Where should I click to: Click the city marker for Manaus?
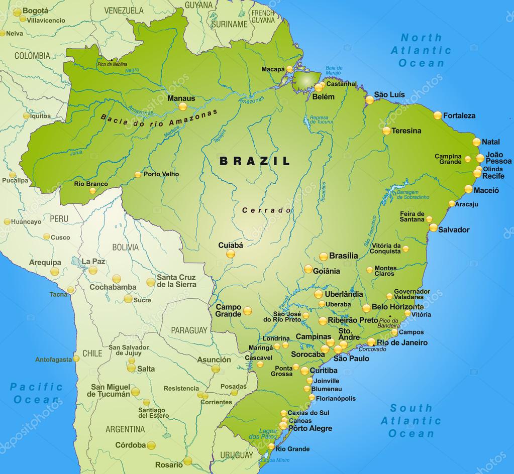[x=183, y=106]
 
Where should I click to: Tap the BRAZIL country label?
[x=255, y=161]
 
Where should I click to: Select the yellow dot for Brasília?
[x=323, y=256]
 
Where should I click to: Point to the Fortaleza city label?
[x=459, y=115]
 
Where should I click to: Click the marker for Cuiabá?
[x=230, y=254]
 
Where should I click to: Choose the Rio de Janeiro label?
[x=402, y=342]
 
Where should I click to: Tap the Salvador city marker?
[x=433, y=227]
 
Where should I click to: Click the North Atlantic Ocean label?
[x=421, y=50]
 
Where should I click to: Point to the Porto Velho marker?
[x=138, y=174]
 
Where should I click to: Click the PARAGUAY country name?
[x=189, y=330]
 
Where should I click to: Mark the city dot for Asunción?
[x=216, y=369]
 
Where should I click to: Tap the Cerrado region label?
[x=267, y=210]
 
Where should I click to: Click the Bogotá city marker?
[x=23, y=19]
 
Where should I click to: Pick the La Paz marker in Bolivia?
[x=93, y=270]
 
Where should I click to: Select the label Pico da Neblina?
[x=112, y=64]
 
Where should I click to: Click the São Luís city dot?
[x=370, y=100]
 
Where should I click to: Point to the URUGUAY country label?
[x=236, y=455]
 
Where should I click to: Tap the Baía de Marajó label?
[x=334, y=71]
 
